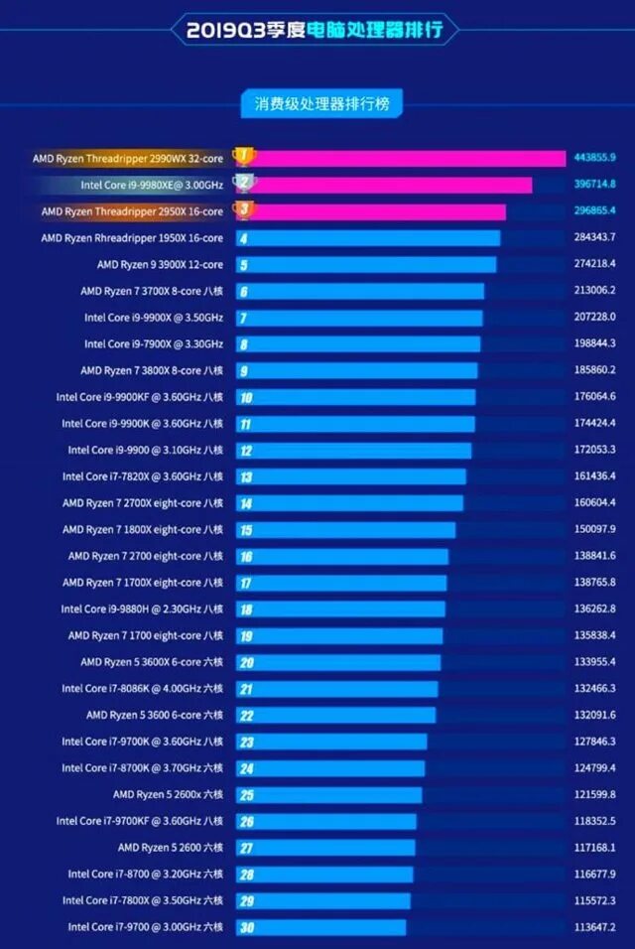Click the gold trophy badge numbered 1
[243, 157]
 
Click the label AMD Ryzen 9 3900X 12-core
[160, 265]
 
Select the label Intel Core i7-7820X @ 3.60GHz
[142, 476]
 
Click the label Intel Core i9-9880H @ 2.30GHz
[142, 610]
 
